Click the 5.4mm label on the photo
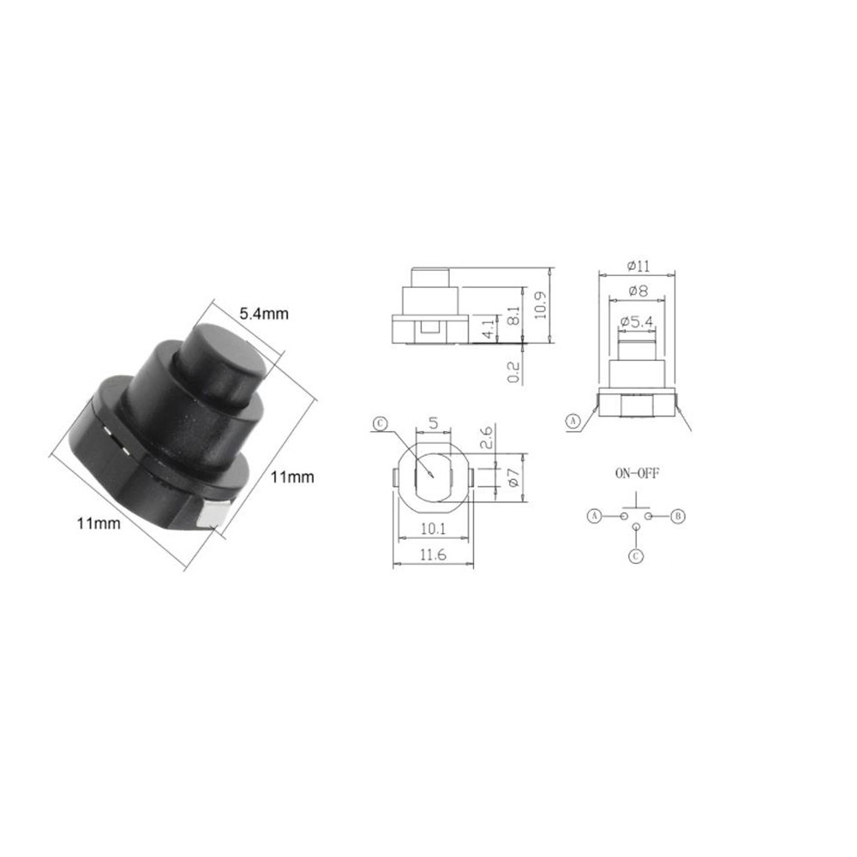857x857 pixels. point(263,314)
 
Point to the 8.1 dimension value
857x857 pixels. point(513,315)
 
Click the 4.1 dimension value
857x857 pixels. point(488,328)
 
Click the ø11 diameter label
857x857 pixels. point(638,266)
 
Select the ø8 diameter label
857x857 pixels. point(638,291)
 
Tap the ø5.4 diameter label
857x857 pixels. point(637,321)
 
